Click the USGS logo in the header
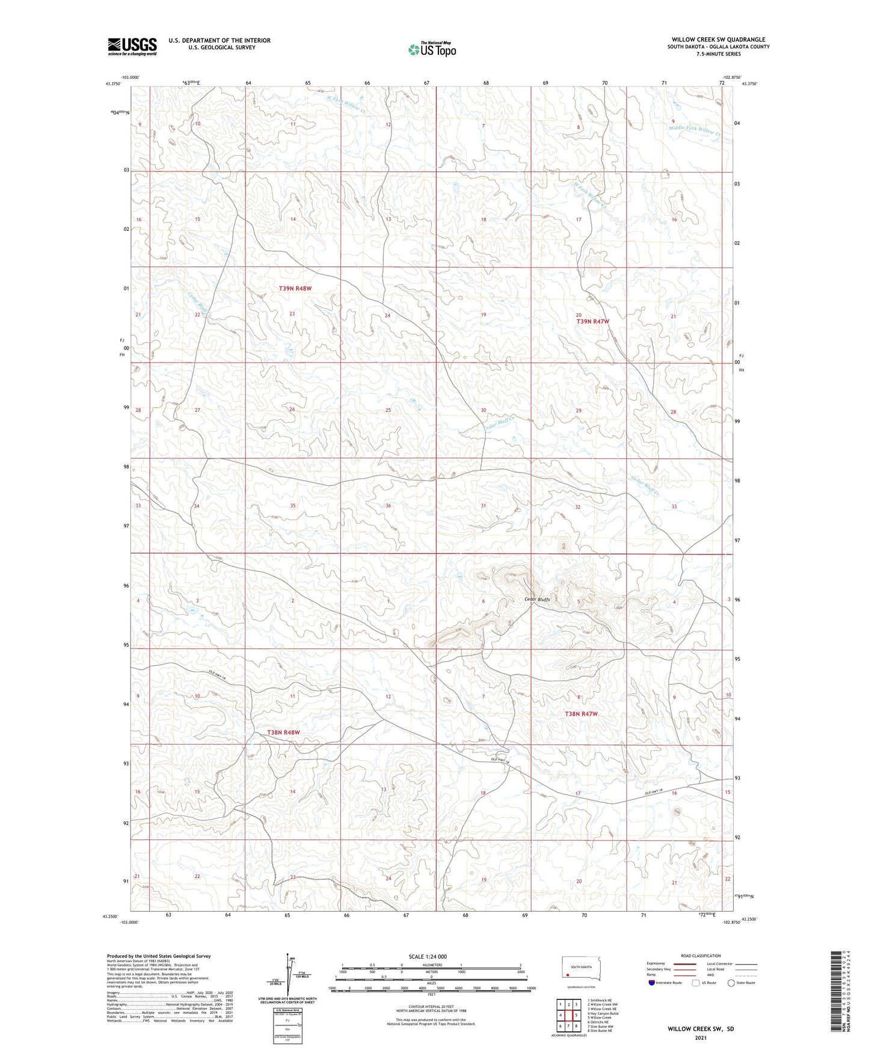pos(132,46)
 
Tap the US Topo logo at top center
pos(432,49)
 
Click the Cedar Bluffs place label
pos(537,600)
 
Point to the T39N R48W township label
pos(295,289)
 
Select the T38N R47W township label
pos(581,714)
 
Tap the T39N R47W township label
pos(593,322)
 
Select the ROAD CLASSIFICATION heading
pos(701,956)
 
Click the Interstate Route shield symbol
pos(652,983)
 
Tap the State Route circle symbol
pos(731,983)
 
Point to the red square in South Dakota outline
pos(567,975)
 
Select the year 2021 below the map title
pos(700,1038)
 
